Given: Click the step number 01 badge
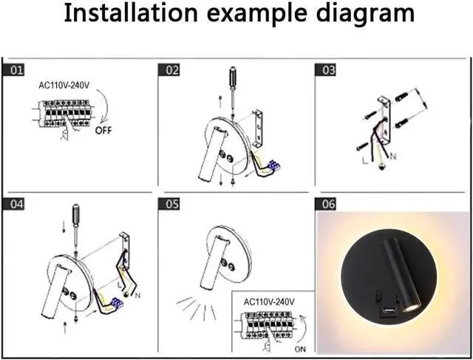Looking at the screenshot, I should (x=16, y=70).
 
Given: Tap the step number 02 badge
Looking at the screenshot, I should (x=171, y=70).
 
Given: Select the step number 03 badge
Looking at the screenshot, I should (x=326, y=70).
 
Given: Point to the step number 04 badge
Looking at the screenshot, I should (x=16, y=203).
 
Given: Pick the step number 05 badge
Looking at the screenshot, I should (x=171, y=203).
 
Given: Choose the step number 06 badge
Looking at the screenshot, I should (x=326, y=203).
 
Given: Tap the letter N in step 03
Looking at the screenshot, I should (x=392, y=157).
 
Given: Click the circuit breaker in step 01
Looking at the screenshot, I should (x=62, y=116).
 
